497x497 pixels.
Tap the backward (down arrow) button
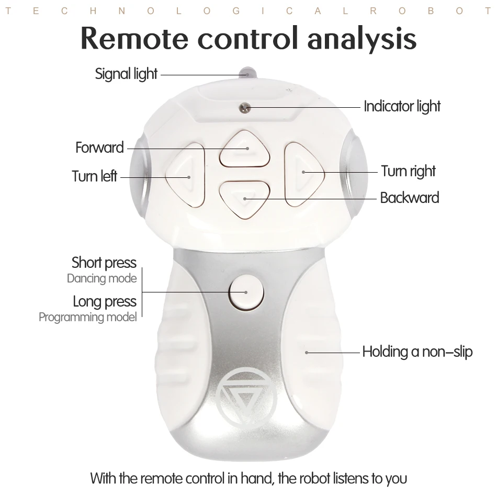(x=244, y=199)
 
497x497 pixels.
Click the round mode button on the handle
(x=245, y=291)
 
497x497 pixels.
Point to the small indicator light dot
(x=243, y=107)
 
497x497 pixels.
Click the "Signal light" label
(x=126, y=74)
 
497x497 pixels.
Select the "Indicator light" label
(x=402, y=106)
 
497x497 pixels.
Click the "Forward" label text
(x=99, y=148)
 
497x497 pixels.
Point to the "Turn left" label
(x=94, y=176)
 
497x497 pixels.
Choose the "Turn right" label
(x=408, y=171)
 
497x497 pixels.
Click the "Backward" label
(x=409, y=198)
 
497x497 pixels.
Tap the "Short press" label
(x=104, y=262)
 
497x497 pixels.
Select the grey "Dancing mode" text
(x=101, y=278)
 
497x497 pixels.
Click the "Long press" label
(x=104, y=301)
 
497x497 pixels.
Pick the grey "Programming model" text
(x=87, y=317)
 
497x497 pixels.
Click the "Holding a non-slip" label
(x=417, y=352)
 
